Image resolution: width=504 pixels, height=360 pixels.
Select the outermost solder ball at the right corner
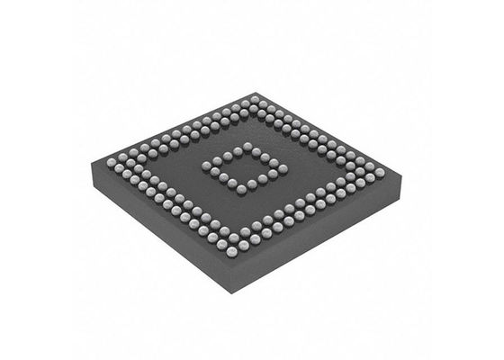click(379, 172)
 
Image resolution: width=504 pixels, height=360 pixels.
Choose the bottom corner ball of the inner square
click(240, 191)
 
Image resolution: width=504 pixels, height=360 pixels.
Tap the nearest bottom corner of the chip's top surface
click(232, 263)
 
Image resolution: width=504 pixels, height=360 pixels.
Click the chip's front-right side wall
click(315, 234)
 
